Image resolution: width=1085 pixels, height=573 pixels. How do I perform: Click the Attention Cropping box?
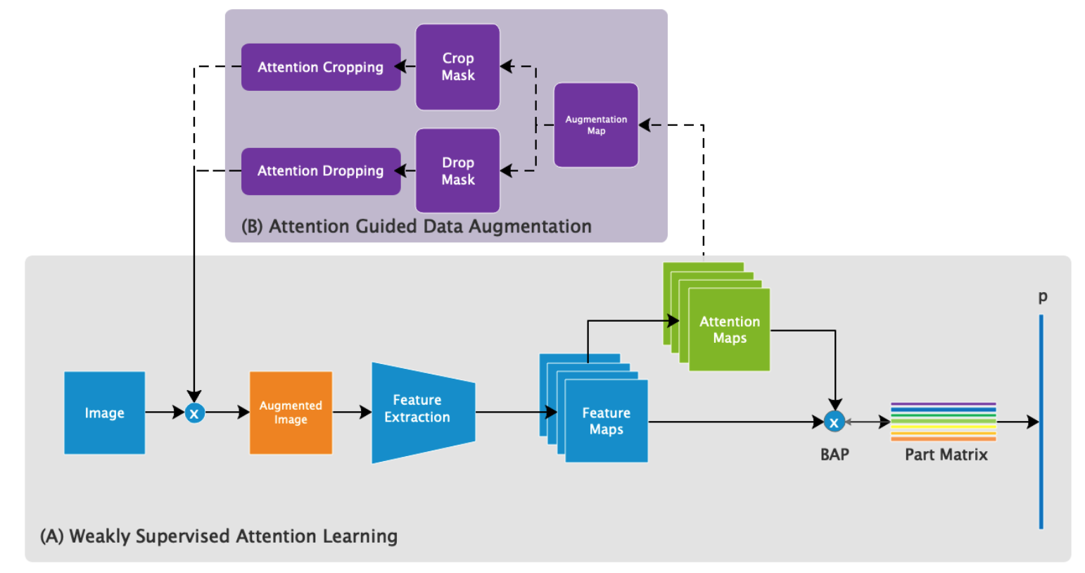321,67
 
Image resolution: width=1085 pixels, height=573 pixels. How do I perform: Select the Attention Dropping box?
321,171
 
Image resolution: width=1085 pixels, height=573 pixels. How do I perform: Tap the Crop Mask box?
458,67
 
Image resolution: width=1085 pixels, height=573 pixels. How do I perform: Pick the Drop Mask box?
458,171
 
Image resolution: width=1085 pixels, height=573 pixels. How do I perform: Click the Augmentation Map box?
596,125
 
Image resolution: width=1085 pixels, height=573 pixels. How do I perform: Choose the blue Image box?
105,413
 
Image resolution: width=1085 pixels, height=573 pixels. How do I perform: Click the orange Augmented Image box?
291,413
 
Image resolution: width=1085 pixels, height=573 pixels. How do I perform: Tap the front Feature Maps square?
607,421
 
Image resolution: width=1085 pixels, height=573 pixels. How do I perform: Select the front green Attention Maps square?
730,329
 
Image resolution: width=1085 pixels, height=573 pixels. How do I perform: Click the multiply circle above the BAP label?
834,422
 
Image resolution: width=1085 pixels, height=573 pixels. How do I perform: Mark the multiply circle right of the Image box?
195,413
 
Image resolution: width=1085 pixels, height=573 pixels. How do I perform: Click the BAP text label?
835,455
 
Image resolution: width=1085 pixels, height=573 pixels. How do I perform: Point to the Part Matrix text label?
946,455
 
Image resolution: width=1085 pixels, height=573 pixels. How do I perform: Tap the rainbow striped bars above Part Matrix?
944,422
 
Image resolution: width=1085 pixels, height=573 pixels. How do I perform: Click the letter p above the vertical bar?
1043,297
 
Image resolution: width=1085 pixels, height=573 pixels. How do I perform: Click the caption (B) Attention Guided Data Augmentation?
417,227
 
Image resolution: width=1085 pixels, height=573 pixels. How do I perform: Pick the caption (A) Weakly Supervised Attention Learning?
219,536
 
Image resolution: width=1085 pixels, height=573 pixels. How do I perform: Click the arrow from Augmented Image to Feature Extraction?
352,413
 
